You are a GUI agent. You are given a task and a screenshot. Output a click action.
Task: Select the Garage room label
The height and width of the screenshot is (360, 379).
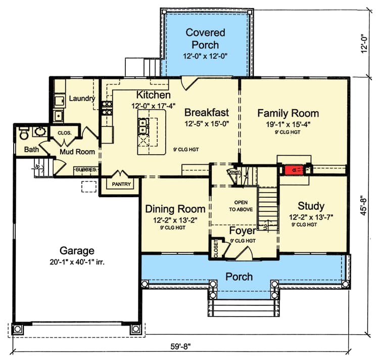tap(77, 250)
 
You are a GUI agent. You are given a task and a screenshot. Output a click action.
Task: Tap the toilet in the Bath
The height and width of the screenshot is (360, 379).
tap(23, 133)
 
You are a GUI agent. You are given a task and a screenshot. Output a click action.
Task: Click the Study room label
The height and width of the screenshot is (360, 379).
tap(311, 206)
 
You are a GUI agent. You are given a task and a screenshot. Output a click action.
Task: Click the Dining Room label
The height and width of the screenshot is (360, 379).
tap(175, 209)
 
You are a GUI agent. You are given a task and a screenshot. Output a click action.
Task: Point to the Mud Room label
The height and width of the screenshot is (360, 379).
tap(77, 151)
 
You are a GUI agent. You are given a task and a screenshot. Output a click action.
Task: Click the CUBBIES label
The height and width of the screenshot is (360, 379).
tap(86, 170)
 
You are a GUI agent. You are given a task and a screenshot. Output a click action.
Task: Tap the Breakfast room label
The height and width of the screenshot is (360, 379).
tap(206, 112)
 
